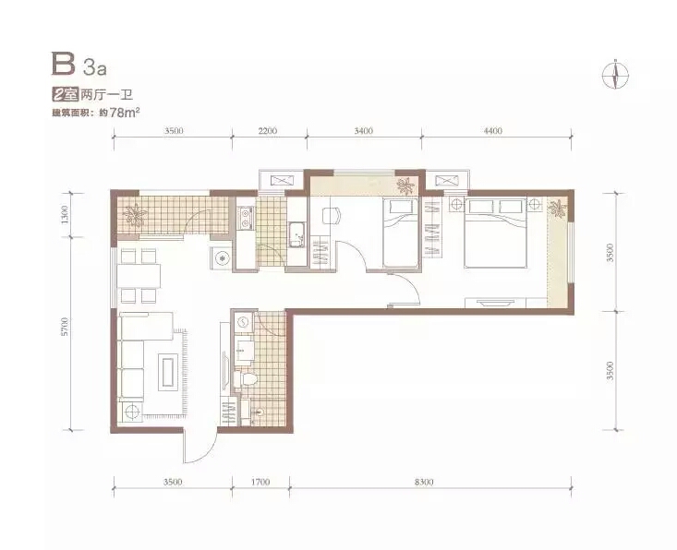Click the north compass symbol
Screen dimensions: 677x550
[x=615, y=74]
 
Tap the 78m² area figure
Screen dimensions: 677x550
[x=125, y=113]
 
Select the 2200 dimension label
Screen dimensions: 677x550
[x=269, y=130]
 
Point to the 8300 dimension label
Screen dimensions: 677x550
[x=424, y=482]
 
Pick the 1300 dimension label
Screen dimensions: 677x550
[x=65, y=214]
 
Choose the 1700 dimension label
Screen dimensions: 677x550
[x=260, y=482]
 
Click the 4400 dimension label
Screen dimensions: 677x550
[x=493, y=130]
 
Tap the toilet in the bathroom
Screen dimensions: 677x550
[x=246, y=379]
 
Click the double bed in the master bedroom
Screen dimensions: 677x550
[x=496, y=233]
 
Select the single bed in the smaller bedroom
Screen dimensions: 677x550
[x=401, y=233]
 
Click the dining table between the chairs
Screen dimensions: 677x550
[x=139, y=277]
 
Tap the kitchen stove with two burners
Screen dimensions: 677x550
[x=246, y=218]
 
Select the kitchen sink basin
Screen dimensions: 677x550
[x=296, y=235]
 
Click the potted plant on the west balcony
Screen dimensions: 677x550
[x=135, y=215]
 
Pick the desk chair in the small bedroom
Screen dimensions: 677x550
[x=332, y=215]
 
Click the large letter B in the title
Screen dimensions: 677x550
[x=63, y=64]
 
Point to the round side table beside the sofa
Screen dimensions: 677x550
[x=131, y=412]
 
